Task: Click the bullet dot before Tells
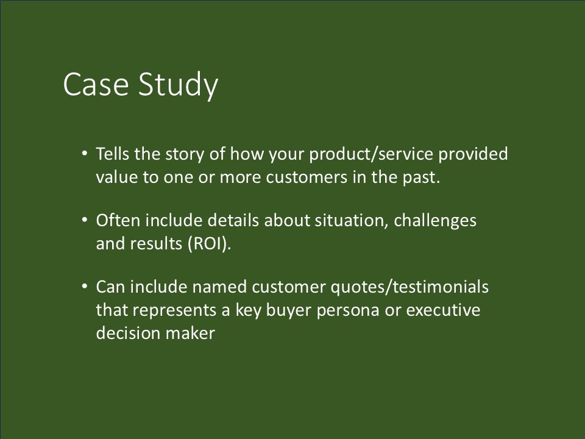(x=84, y=154)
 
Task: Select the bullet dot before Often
(x=84, y=220)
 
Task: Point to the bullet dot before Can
(x=84, y=287)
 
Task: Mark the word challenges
(x=436, y=221)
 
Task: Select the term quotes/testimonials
(x=415, y=287)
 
